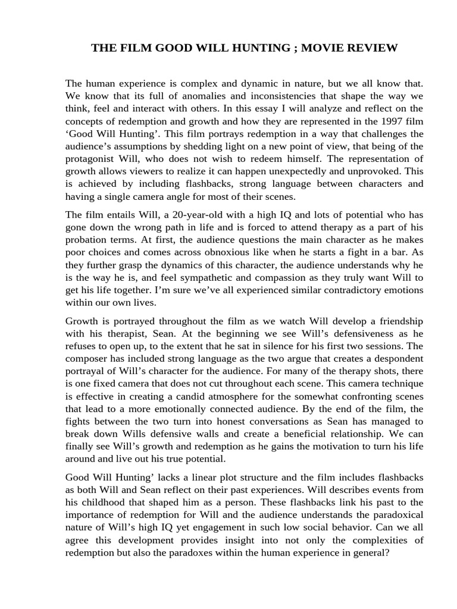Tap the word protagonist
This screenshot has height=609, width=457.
pos(91,158)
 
